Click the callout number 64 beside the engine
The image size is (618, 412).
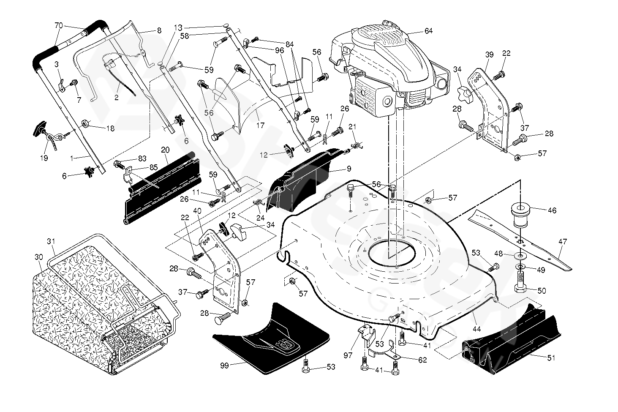click(x=428, y=31)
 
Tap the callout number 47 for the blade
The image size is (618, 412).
click(x=562, y=242)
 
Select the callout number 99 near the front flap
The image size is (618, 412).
click(x=224, y=366)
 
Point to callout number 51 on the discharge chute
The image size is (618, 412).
click(x=551, y=357)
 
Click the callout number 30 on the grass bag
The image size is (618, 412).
click(x=38, y=257)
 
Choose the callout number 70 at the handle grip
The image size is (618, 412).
click(x=59, y=25)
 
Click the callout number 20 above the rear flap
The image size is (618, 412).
click(x=165, y=150)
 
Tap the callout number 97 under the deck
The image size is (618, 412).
click(x=348, y=356)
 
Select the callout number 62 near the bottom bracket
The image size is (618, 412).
click(x=422, y=360)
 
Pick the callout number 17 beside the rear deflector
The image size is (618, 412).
click(x=260, y=126)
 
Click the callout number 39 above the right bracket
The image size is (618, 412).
click(x=489, y=55)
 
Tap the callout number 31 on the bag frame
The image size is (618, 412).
click(x=51, y=241)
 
